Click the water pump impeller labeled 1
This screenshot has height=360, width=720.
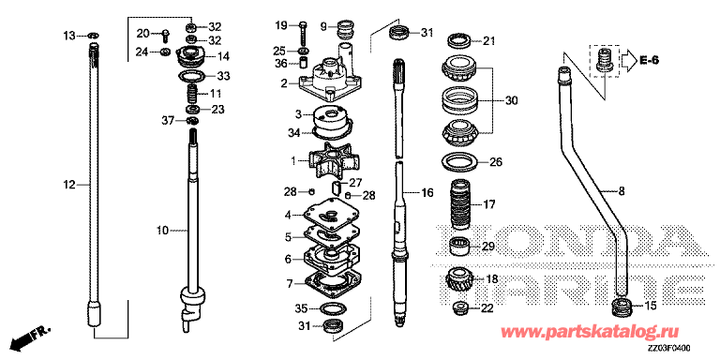point(332,159)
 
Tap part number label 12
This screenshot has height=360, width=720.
point(68,185)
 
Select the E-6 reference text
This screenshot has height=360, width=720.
point(649,60)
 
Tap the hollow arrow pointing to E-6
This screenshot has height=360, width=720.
point(627,60)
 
